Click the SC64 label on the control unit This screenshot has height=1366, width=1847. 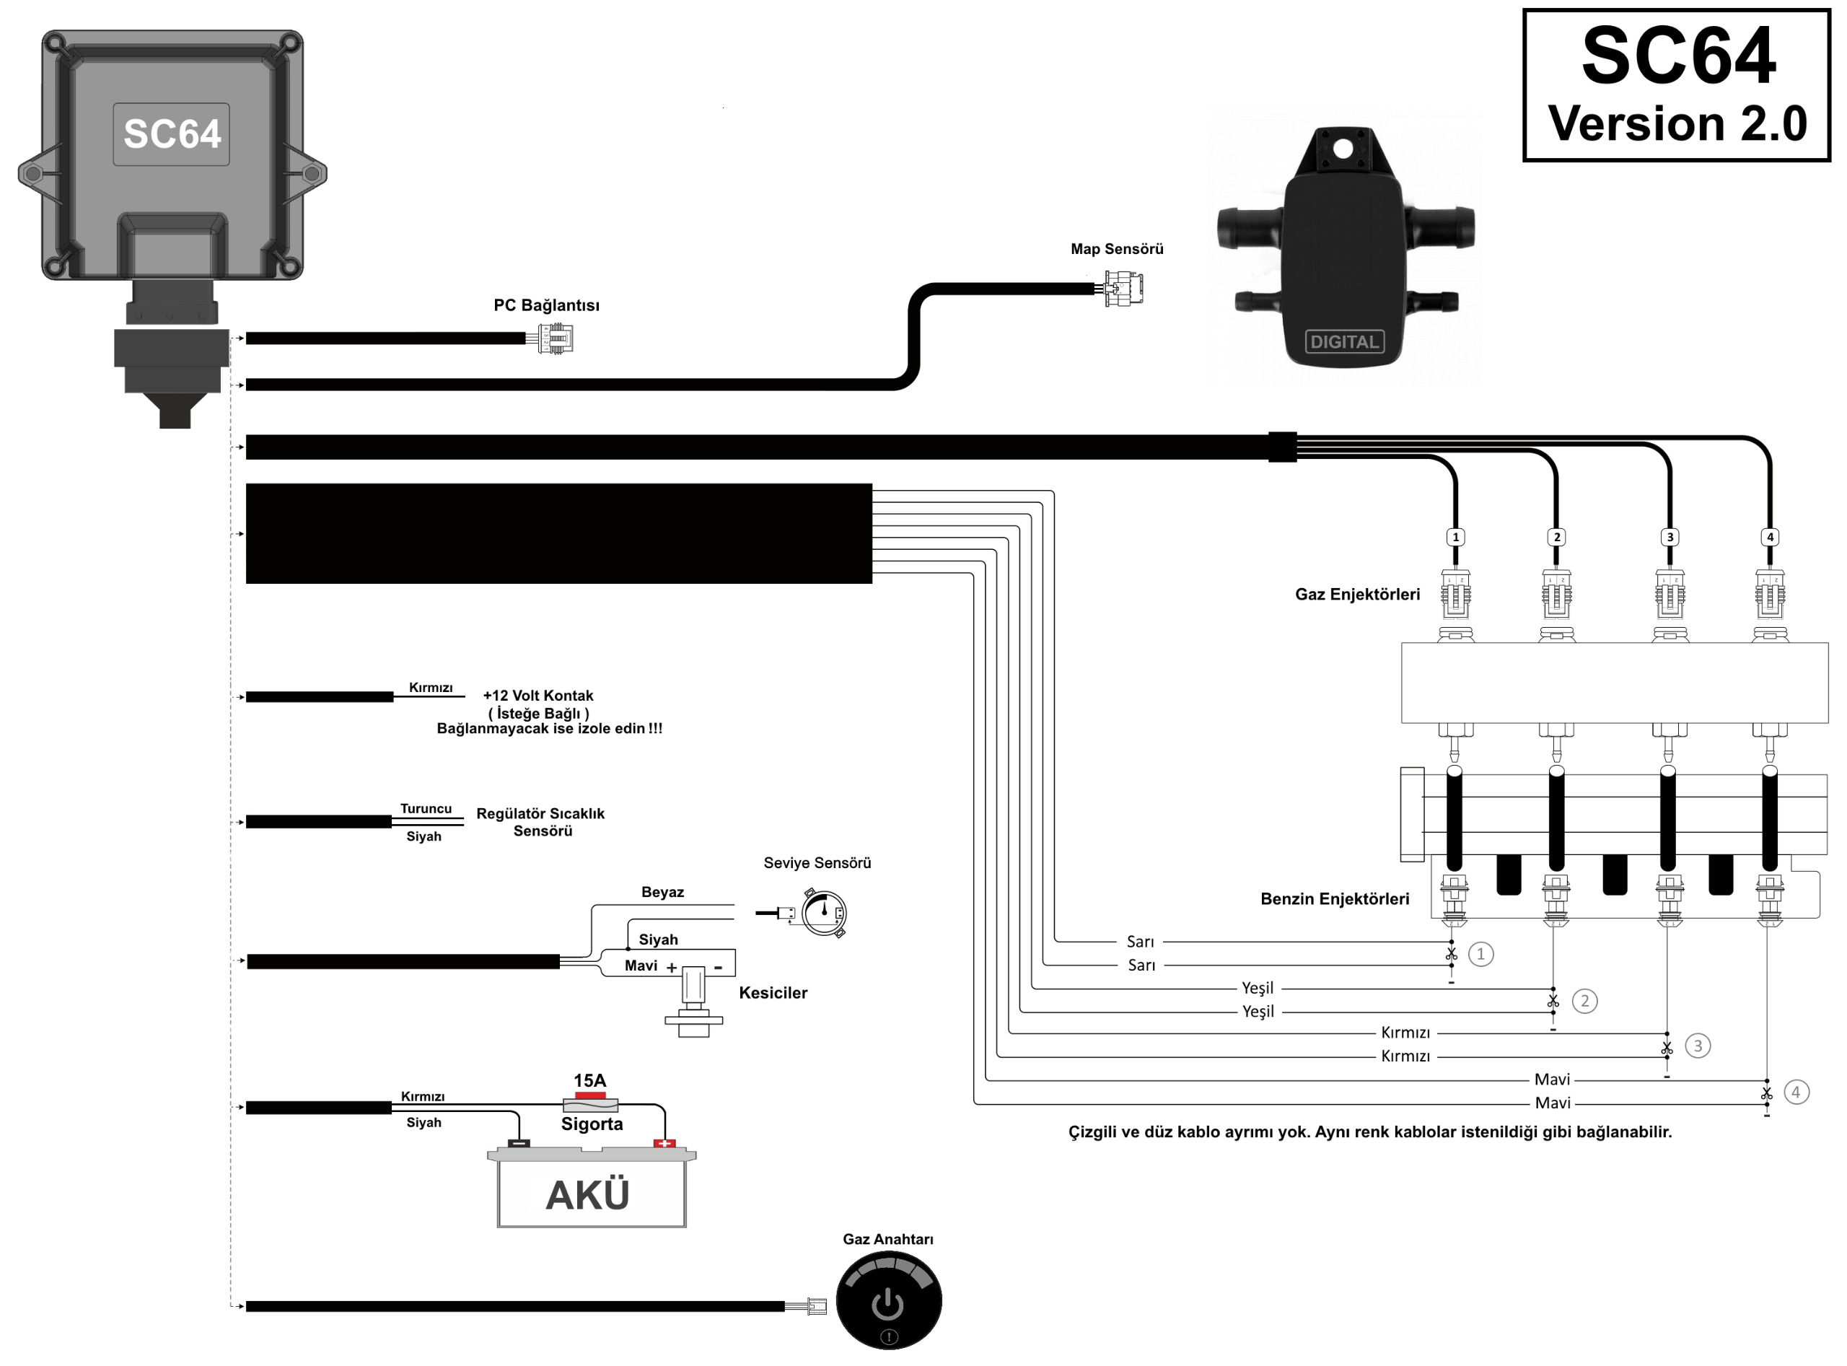pyautogui.click(x=172, y=134)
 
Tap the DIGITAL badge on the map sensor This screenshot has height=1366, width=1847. pyautogui.click(x=1344, y=341)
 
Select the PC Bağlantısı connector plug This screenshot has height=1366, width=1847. pyautogui.click(x=556, y=338)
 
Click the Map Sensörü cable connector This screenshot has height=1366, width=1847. pyautogui.click(x=1123, y=289)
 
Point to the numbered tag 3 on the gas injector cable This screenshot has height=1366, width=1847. pyautogui.click(x=1670, y=538)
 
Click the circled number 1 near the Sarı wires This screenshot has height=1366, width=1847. pyautogui.click(x=1480, y=954)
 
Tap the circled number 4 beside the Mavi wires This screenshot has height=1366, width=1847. pyautogui.click(x=1795, y=1093)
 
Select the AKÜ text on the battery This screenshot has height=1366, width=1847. pyautogui.click(x=588, y=1195)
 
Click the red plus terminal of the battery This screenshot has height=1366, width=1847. pyautogui.click(x=664, y=1144)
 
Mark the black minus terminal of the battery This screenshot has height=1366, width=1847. pyautogui.click(x=518, y=1144)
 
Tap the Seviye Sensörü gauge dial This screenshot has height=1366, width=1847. pyautogui.click(x=823, y=912)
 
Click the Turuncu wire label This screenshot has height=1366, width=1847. pyautogui.click(x=426, y=809)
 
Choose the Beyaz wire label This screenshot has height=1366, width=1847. pyautogui.click(x=662, y=892)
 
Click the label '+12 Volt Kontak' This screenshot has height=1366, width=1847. pyautogui.click(x=538, y=696)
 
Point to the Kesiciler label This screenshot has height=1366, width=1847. pyautogui.click(x=772, y=993)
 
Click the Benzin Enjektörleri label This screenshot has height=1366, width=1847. pyautogui.click(x=1335, y=899)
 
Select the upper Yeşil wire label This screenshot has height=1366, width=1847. pyautogui.click(x=1257, y=988)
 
